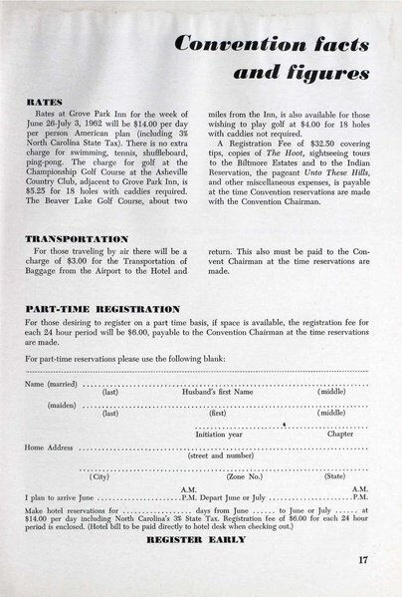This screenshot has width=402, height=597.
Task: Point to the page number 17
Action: [x=364, y=560]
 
